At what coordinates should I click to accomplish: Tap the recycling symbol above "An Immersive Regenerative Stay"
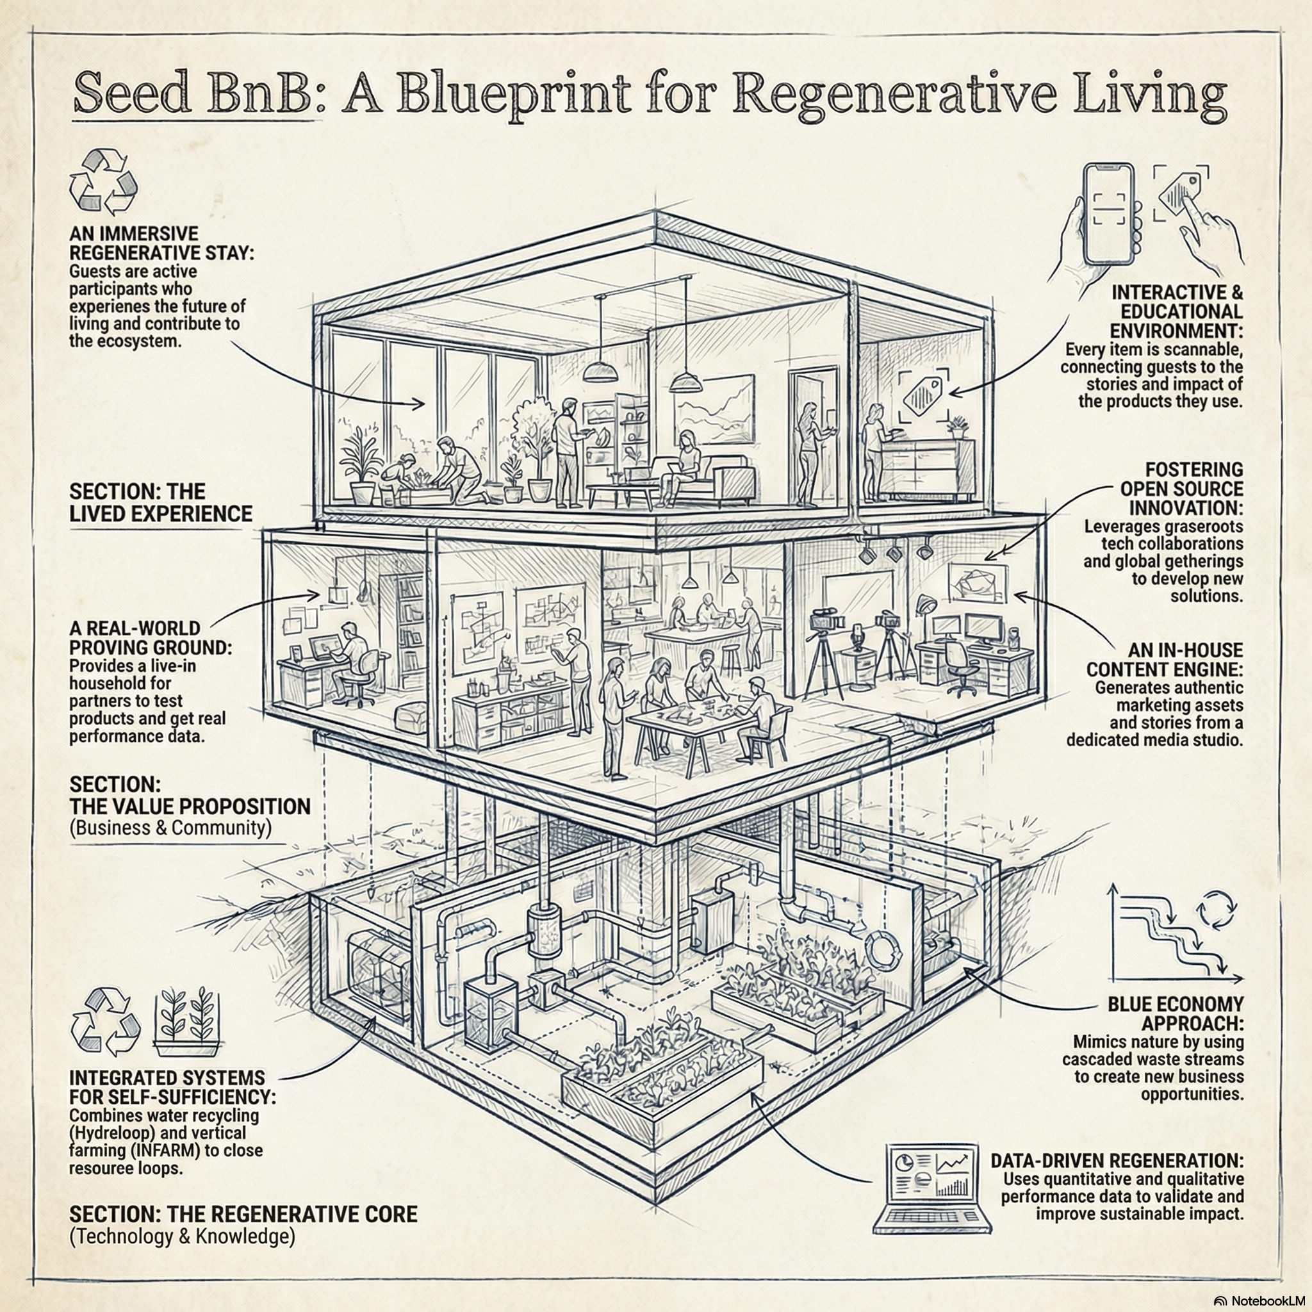coord(103,182)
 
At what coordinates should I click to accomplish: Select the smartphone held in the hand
coord(1108,214)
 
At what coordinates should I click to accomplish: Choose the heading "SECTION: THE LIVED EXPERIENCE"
coord(160,502)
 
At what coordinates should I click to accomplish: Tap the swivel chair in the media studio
coord(958,665)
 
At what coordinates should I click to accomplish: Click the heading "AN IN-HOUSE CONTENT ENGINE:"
coord(1165,659)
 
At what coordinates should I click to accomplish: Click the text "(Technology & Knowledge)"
coord(182,1236)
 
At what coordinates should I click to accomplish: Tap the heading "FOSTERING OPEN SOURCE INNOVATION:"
coord(1181,489)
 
